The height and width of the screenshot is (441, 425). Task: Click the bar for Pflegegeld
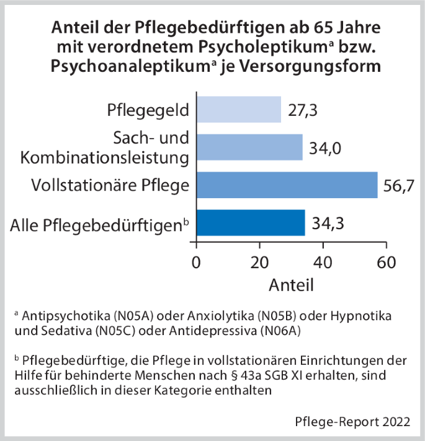click(x=239, y=110)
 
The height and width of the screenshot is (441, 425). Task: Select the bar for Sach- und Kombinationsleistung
click(x=249, y=147)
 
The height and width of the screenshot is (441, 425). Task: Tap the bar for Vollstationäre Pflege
click(x=287, y=185)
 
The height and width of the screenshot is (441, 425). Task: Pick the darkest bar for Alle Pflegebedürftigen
click(x=251, y=222)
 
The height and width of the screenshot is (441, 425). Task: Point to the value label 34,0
click(x=324, y=148)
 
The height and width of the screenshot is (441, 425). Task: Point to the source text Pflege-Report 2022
click(x=352, y=422)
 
